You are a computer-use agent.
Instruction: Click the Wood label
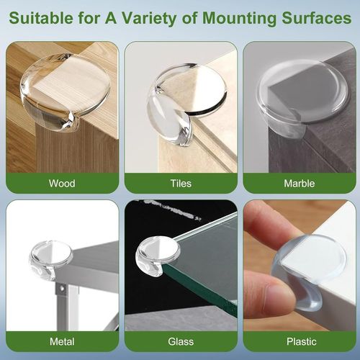[x=61, y=183]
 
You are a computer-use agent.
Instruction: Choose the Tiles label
[x=180, y=183]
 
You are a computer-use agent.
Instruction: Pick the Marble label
[x=299, y=183]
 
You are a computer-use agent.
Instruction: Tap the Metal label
[x=61, y=341]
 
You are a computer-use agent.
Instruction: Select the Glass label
[x=180, y=341]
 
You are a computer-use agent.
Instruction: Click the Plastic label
[x=299, y=341]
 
